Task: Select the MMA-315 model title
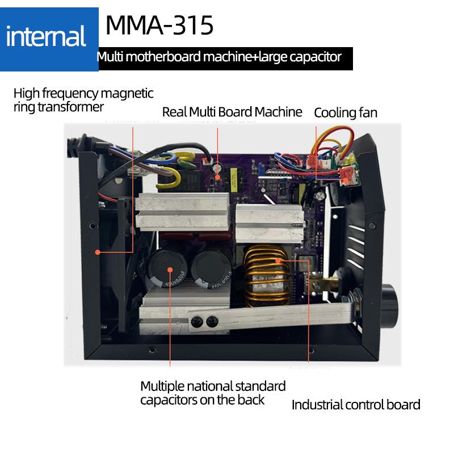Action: [159, 25]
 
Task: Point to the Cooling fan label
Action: [345, 112]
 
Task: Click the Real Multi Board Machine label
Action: [232, 112]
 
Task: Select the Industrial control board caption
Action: [356, 405]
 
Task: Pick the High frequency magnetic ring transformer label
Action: [83, 99]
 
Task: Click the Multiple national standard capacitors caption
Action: [213, 393]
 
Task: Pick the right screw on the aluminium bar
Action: [211, 320]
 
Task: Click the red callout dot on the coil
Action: [279, 260]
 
